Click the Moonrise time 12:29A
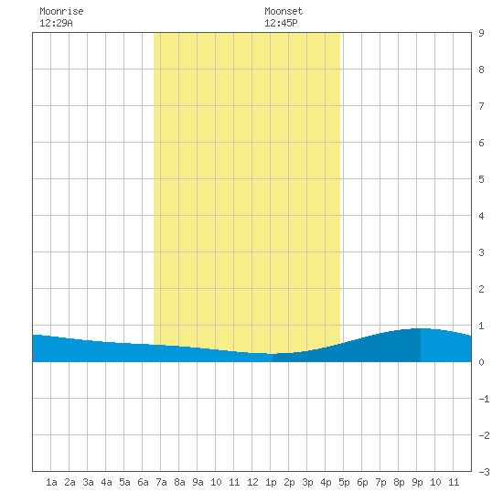(x=56, y=23)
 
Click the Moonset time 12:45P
(x=281, y=23)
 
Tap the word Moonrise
(x=61, y=11)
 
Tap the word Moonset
(x=284, y=11)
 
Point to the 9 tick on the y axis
(x=481, y=33)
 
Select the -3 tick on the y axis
(x=484, y=472)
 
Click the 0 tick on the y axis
(x=481, y=362)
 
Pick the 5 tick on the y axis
(x=481, y=179)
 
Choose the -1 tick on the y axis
(x=484, y=399)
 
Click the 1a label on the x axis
(x=51, y=482)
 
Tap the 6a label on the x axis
(x=143, y=482)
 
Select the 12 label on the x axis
(x=252, y=482)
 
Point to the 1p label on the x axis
(x=271, y=482)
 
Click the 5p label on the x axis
(x=344, y=482)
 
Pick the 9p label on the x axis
(x=417, y=482)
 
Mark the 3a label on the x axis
(x=88, y=482)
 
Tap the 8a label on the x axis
(x=179, y=482)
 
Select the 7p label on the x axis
(x=380, y=482)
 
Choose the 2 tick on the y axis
(x=481, y=289)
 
